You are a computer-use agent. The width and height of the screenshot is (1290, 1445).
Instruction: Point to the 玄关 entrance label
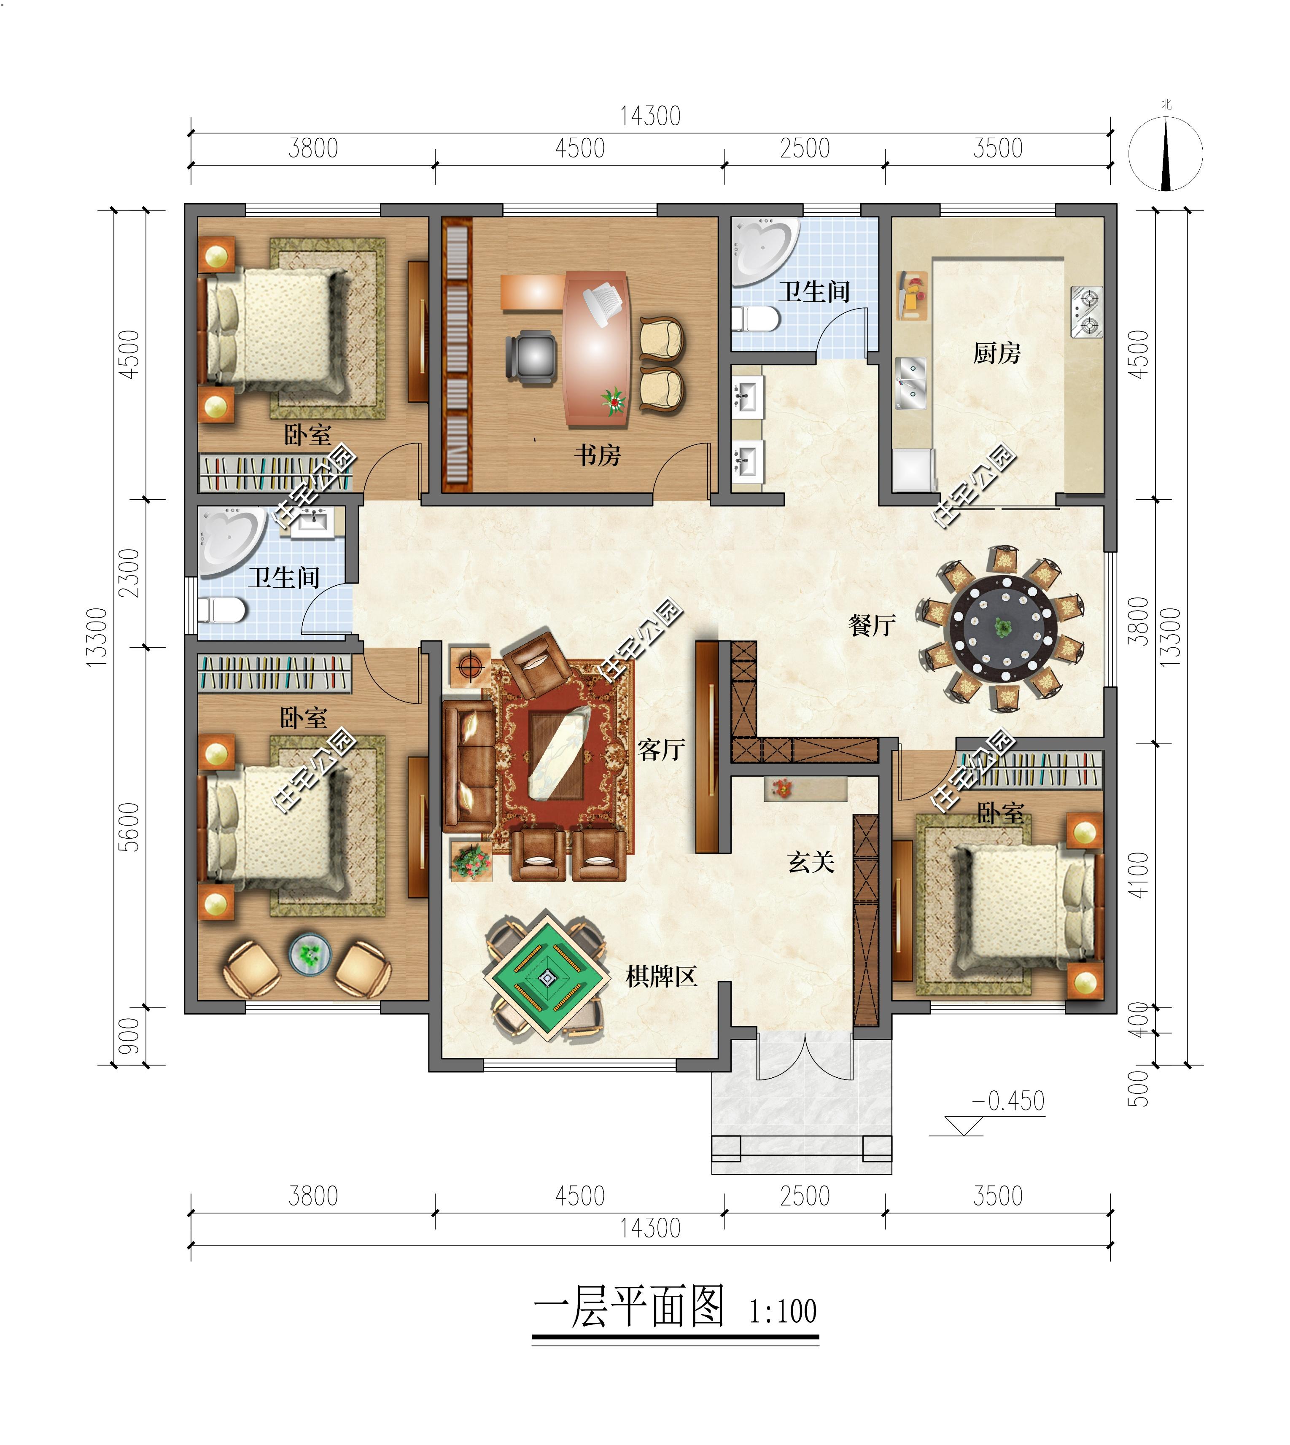pos(811,862)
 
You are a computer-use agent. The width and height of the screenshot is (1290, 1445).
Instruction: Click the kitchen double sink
pos(911,383)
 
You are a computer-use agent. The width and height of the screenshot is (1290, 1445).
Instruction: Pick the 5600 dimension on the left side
pos(129,826)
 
